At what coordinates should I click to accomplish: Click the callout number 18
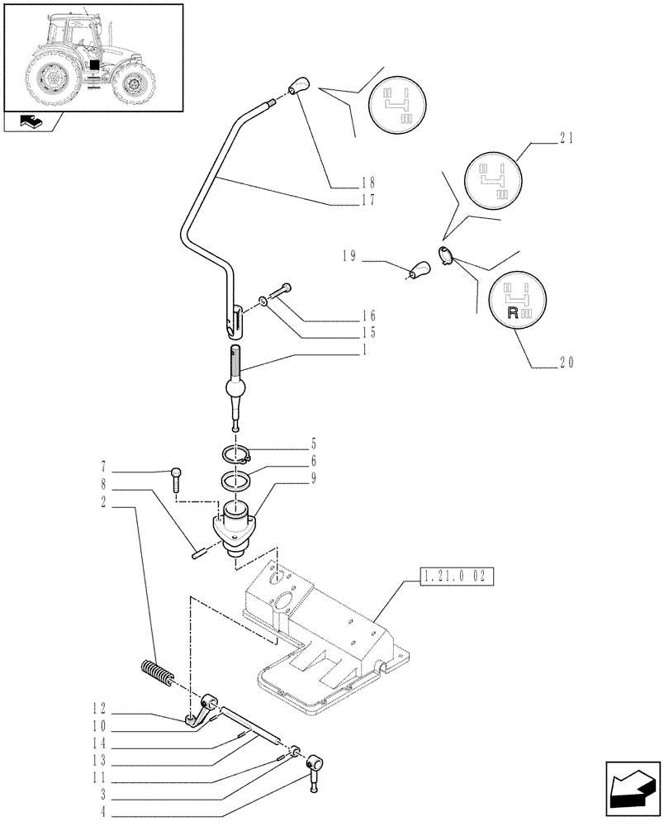368,182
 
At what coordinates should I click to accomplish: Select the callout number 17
368,200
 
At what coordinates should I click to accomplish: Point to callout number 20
566,361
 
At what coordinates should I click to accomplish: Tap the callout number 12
100,706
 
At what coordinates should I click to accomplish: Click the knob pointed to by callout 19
422,269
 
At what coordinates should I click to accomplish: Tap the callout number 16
368,316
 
